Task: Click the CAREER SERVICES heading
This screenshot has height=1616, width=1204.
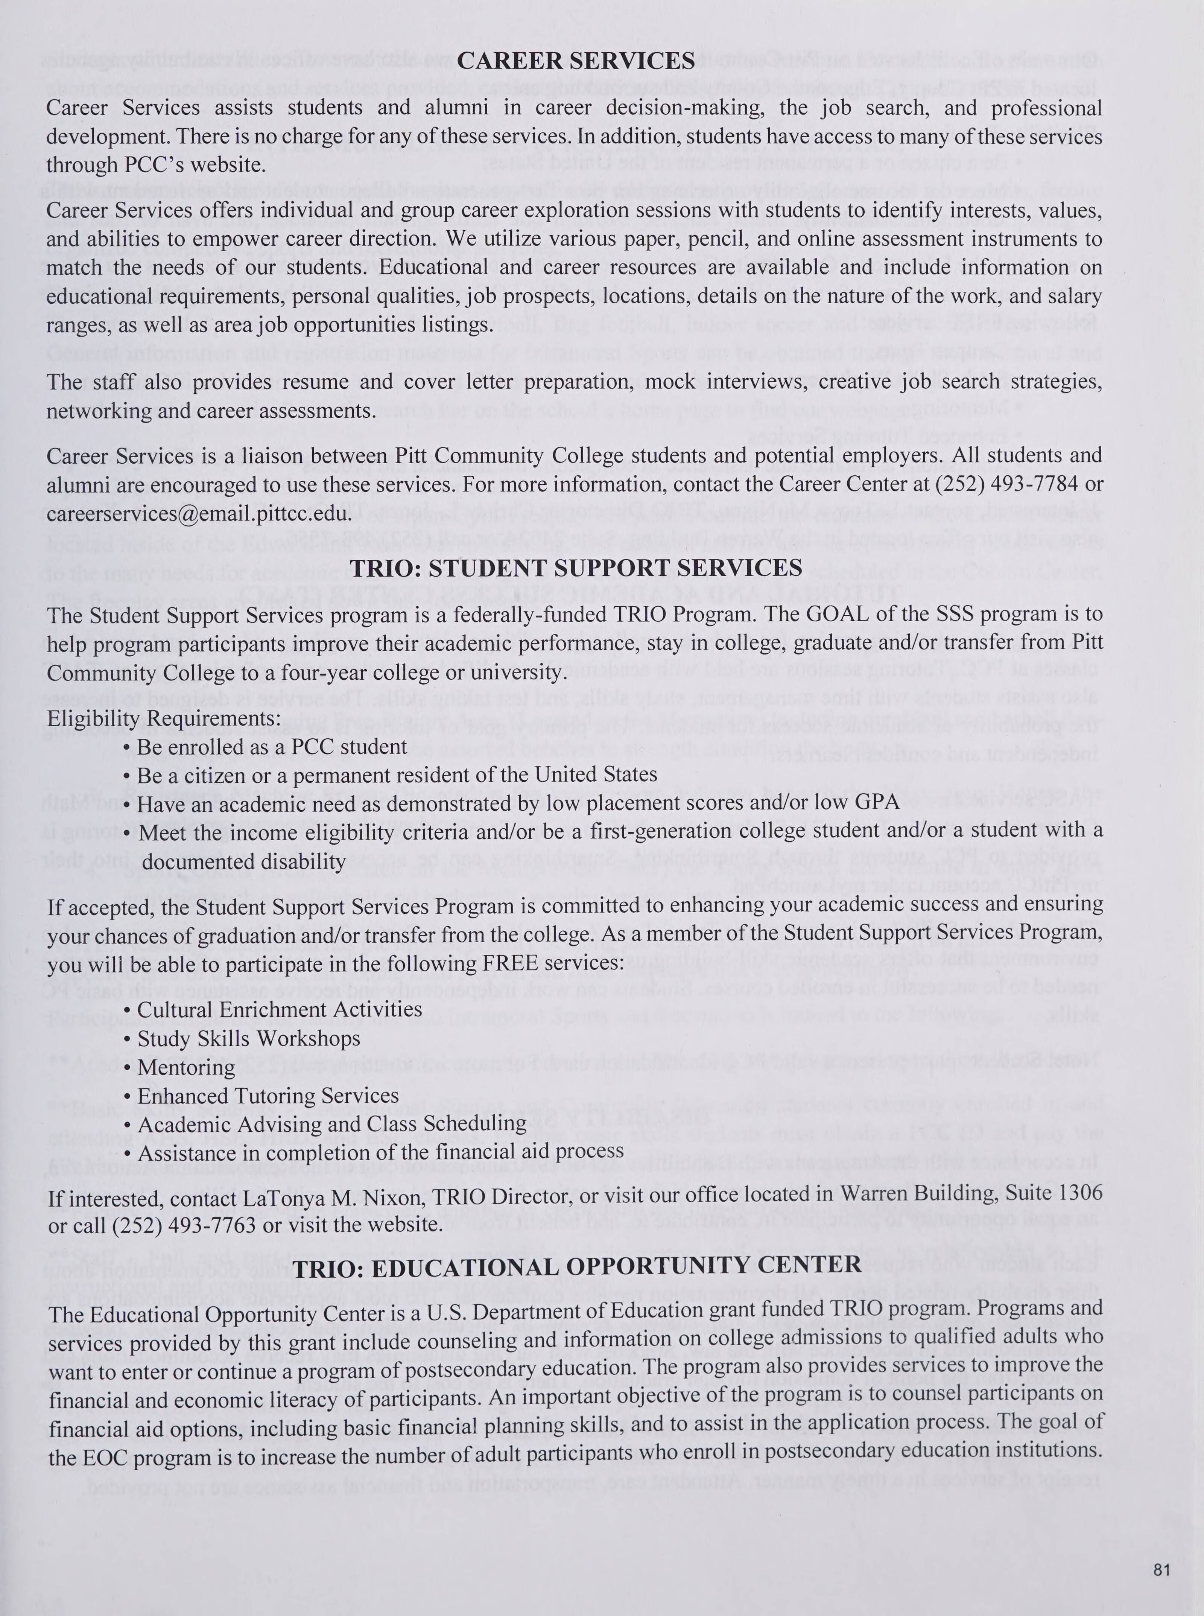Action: [576, 61]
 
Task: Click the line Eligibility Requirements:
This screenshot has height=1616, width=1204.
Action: [164, 718]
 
